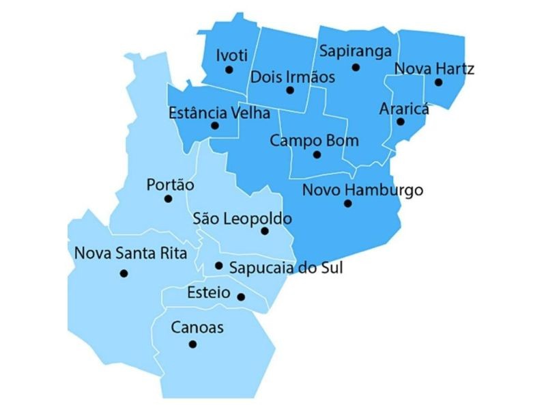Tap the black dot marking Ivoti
coord(229,69)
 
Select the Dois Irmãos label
coord(293,77)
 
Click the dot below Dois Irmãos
coord(290,90)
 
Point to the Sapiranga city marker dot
coord(356,67)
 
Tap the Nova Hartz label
coord(434,68)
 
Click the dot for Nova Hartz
coord(438,83)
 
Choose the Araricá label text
coord(404,109)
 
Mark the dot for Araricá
coord(401,122)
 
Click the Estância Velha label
coord(219,113)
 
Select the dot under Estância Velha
coord(215,126)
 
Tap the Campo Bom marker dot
coord(317,154)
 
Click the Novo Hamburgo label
coord(362,189)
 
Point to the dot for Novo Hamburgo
coord(347,203)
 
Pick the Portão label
coord(171,184)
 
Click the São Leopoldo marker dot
coord(265,231)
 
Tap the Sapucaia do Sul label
coord(286,267)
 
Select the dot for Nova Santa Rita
coord(124,273)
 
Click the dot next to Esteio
coord(241,297)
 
